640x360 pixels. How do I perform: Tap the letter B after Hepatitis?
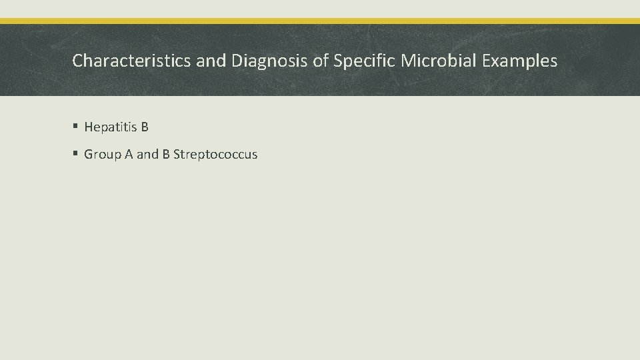click(144, 127)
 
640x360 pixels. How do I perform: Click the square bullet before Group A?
click(75, 155)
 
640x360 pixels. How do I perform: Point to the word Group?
click(102, 155)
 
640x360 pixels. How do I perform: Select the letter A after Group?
click(128, 155)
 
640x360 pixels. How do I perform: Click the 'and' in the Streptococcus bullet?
click(147, 155)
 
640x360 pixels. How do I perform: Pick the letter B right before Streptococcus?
click(166, 155)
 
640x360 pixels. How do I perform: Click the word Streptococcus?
click(215, 155)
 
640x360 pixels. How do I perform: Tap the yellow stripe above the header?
click(320, 21)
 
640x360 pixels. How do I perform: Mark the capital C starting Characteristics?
click(77, 61)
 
